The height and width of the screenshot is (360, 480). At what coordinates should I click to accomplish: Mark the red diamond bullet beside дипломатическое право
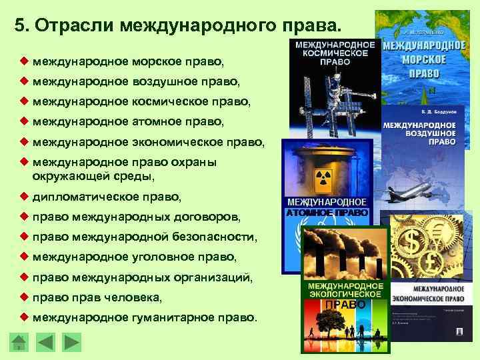[24, 197]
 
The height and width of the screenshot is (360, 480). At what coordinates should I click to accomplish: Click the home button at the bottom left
[20, 343]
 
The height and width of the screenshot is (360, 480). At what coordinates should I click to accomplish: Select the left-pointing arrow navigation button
[45, 343]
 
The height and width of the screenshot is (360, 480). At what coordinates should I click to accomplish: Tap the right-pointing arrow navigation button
[71, 343]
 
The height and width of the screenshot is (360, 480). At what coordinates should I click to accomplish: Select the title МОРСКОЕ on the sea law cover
[423, 59]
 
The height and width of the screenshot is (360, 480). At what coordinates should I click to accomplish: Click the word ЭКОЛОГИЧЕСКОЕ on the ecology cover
[345, 294]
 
